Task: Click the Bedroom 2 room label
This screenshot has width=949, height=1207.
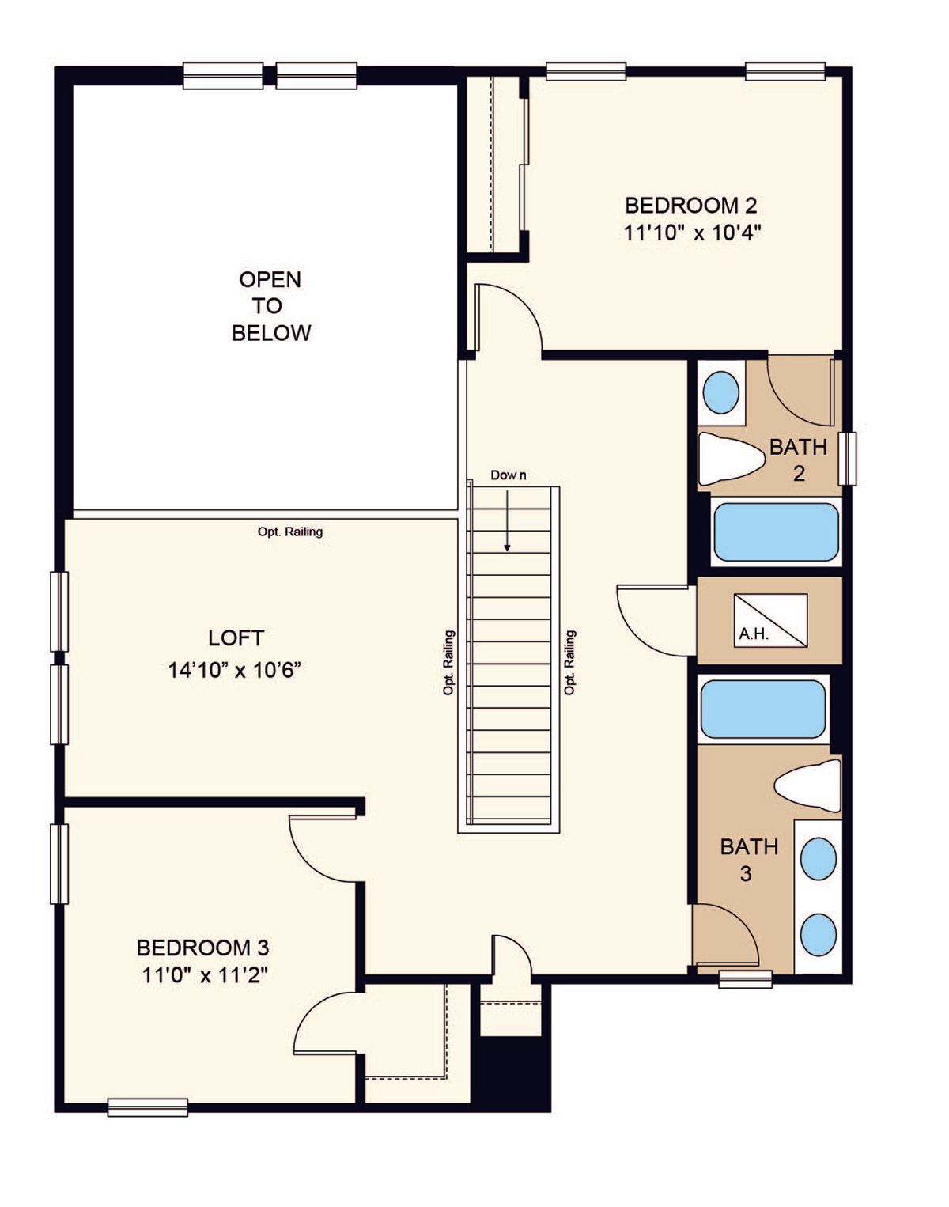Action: click(691, 206)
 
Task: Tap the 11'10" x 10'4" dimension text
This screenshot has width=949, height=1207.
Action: click(692, 233)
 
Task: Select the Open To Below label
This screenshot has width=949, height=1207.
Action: click(271, 305)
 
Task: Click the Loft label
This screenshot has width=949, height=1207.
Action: click(236, 638)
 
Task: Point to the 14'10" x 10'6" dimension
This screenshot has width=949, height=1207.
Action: click(235, 670)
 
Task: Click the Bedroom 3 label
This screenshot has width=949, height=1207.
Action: click(202, 948)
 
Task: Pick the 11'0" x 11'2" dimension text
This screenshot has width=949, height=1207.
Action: click(204, 975)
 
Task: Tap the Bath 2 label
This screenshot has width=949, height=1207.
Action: click(798, 460)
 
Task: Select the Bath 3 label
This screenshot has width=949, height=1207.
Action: click(749, 860)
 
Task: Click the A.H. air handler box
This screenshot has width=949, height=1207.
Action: click(770, 620)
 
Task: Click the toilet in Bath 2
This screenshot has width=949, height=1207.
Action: click(732, 458)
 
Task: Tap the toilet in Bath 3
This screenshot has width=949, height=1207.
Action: click(807, 785)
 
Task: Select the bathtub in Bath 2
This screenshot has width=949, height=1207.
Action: click(777, 532)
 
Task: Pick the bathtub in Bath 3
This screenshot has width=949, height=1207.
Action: click(763, 709)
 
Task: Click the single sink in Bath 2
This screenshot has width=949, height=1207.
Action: click(720, 392)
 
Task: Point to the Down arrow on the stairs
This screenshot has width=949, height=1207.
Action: click(508, 521)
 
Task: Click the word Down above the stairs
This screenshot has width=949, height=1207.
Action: click(509, 475)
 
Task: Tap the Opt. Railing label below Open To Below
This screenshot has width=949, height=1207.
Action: click(290, 532)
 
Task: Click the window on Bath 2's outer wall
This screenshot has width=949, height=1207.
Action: click(848, 458)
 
